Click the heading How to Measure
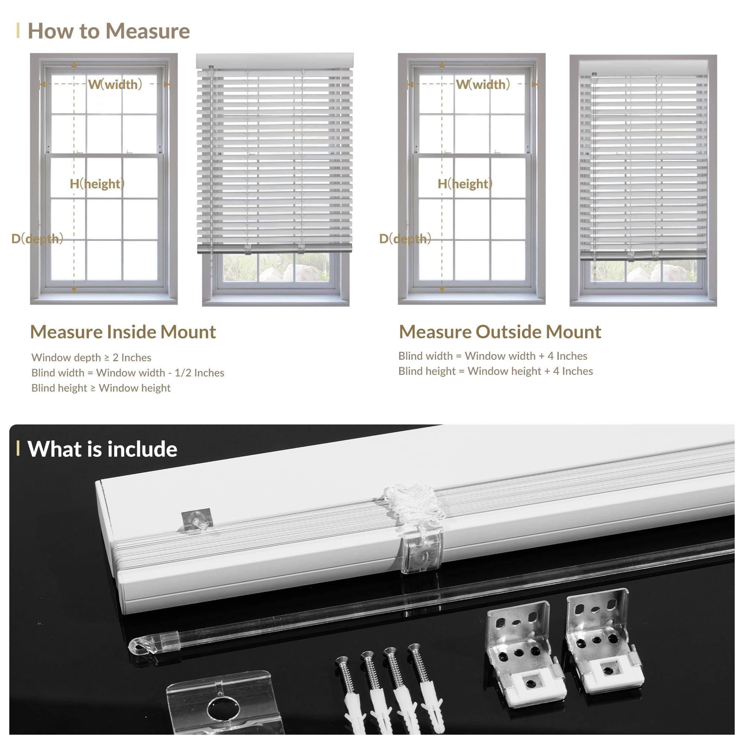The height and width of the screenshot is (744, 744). point(109,31)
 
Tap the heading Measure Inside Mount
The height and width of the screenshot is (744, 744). point(123,332)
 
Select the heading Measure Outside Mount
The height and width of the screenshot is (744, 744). point(500,332)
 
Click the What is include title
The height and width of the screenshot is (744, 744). point(102,449)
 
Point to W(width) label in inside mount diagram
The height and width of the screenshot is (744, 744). point(115,84)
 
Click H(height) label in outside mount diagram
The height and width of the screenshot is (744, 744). point(465,184)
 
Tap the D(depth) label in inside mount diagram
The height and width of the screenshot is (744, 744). point(37,239)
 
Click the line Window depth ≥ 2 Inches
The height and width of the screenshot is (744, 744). point(91,357)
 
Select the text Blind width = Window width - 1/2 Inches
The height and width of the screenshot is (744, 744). point(128,373)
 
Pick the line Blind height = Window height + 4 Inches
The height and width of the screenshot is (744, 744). point(495,371)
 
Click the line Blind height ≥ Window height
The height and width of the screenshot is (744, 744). point(101,388)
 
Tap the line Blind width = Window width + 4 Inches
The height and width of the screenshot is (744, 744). point(493,356)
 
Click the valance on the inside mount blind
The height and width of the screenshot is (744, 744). point(275,61)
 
